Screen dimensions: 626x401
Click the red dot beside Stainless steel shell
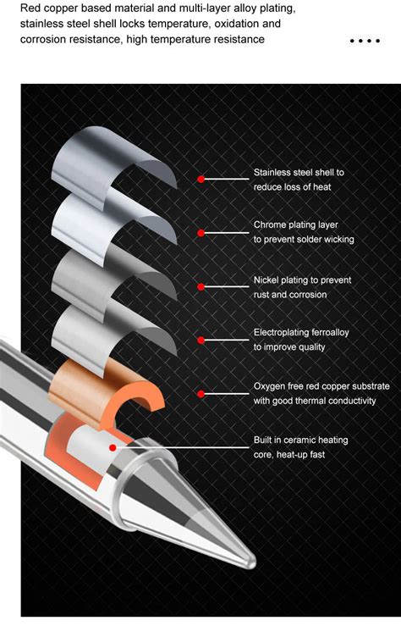click(200, 179)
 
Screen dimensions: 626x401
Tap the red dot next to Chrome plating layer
click(200, 232)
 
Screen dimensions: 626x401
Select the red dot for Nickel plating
click(200, 286)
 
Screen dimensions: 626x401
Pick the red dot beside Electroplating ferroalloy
click(200, 340)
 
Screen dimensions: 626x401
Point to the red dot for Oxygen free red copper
click(200, 393)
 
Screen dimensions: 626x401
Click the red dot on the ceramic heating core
click(112, 446)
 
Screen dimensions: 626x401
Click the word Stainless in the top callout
click(273, 172)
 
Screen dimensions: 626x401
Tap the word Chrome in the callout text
click(271, 225)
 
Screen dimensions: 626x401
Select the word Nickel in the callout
click(267, 280)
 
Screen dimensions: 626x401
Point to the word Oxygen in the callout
click(271, 386)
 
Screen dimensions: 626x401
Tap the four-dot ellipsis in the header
click(364, 40)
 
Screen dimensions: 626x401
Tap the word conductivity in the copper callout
click(347, 401)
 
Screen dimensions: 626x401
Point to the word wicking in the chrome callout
click(336, 240)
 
